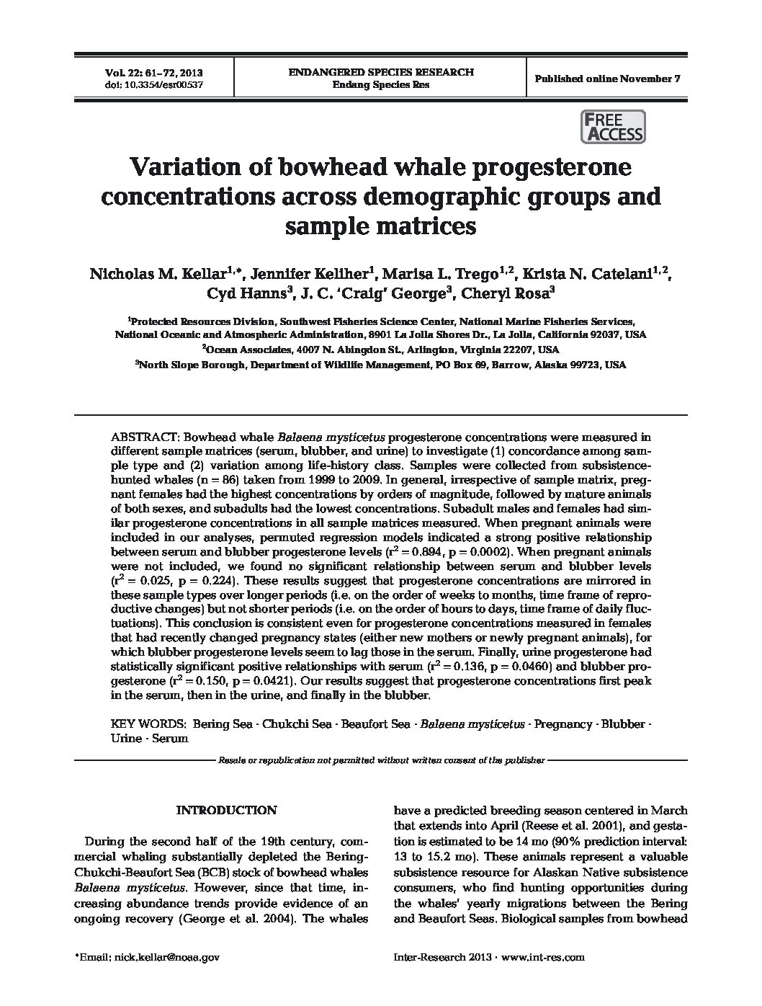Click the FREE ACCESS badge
612,127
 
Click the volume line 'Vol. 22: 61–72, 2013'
154,73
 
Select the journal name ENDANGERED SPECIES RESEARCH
381,72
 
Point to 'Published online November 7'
607,79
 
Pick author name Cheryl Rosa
507,293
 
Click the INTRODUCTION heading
226,810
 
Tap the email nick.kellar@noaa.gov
164,957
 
